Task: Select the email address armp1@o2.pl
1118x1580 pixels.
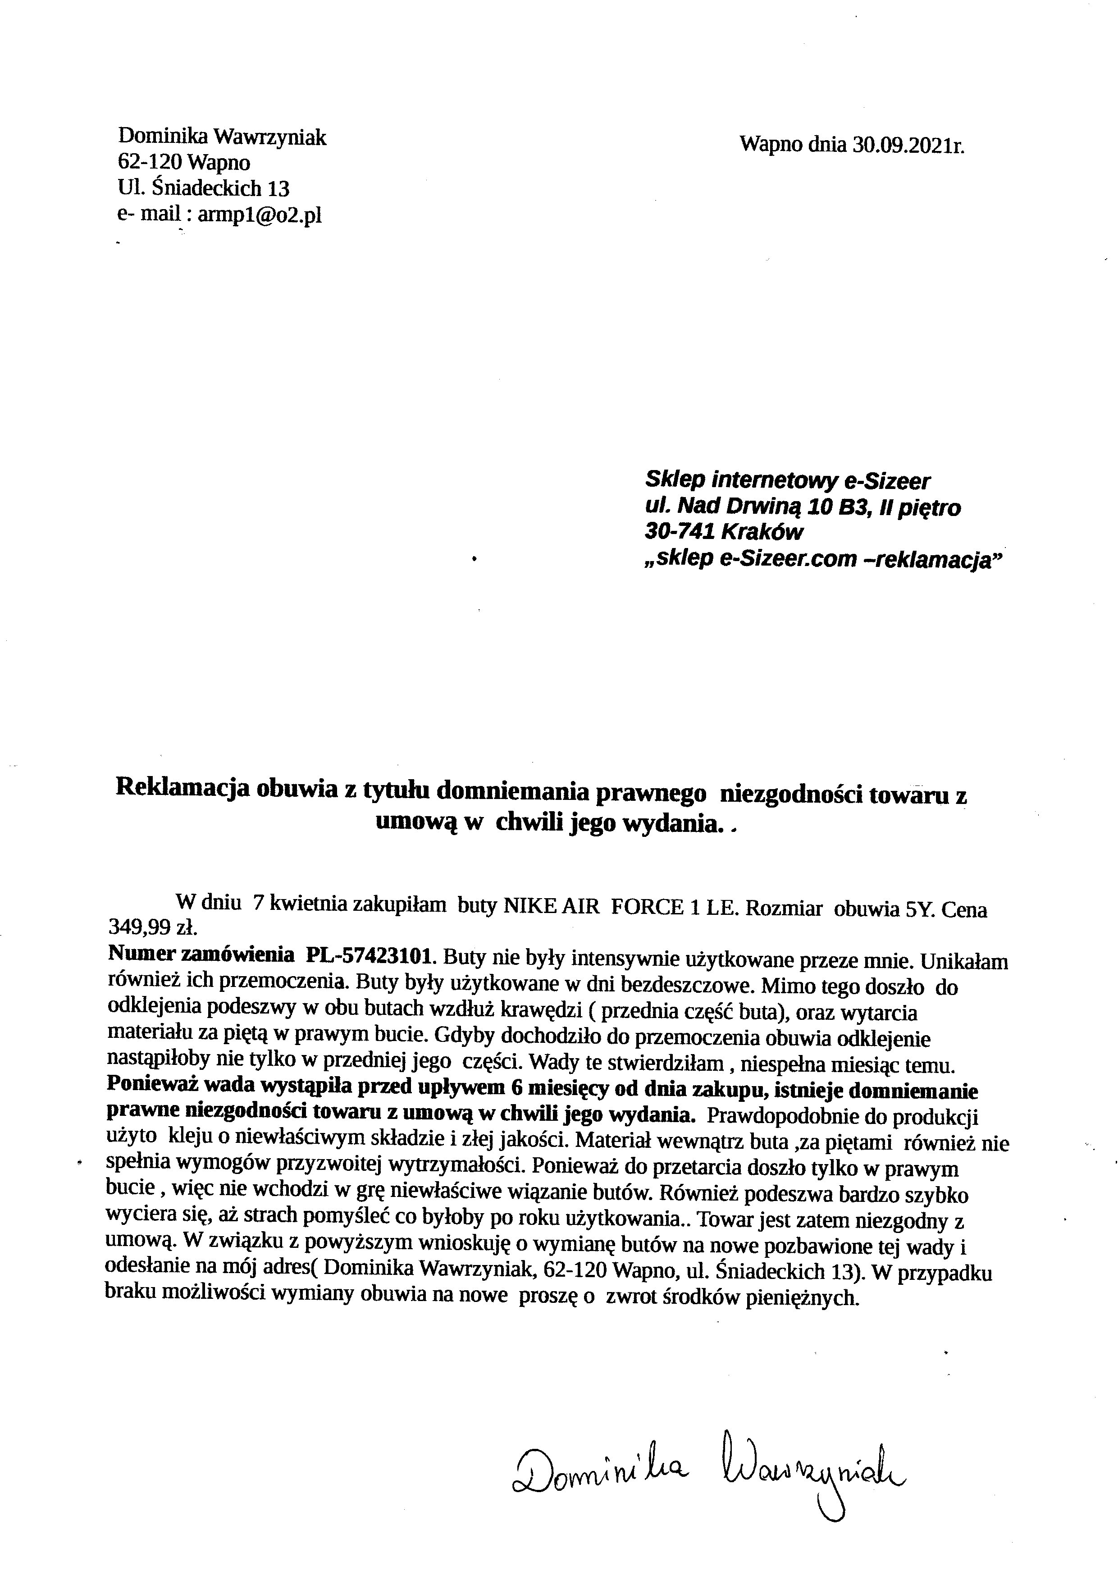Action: [x=260, y=215]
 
